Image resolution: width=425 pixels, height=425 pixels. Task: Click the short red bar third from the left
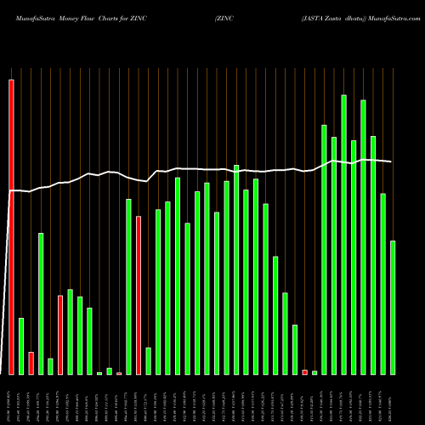pos(31,363)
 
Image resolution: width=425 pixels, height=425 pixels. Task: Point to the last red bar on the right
pos(305,372)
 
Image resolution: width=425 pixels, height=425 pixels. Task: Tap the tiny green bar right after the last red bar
pos(314,372)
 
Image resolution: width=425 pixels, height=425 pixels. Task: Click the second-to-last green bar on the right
pos(383,284)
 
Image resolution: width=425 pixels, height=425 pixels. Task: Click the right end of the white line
pos(391,161)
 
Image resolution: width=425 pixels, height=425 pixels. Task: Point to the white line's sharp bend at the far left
pos(11,191)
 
